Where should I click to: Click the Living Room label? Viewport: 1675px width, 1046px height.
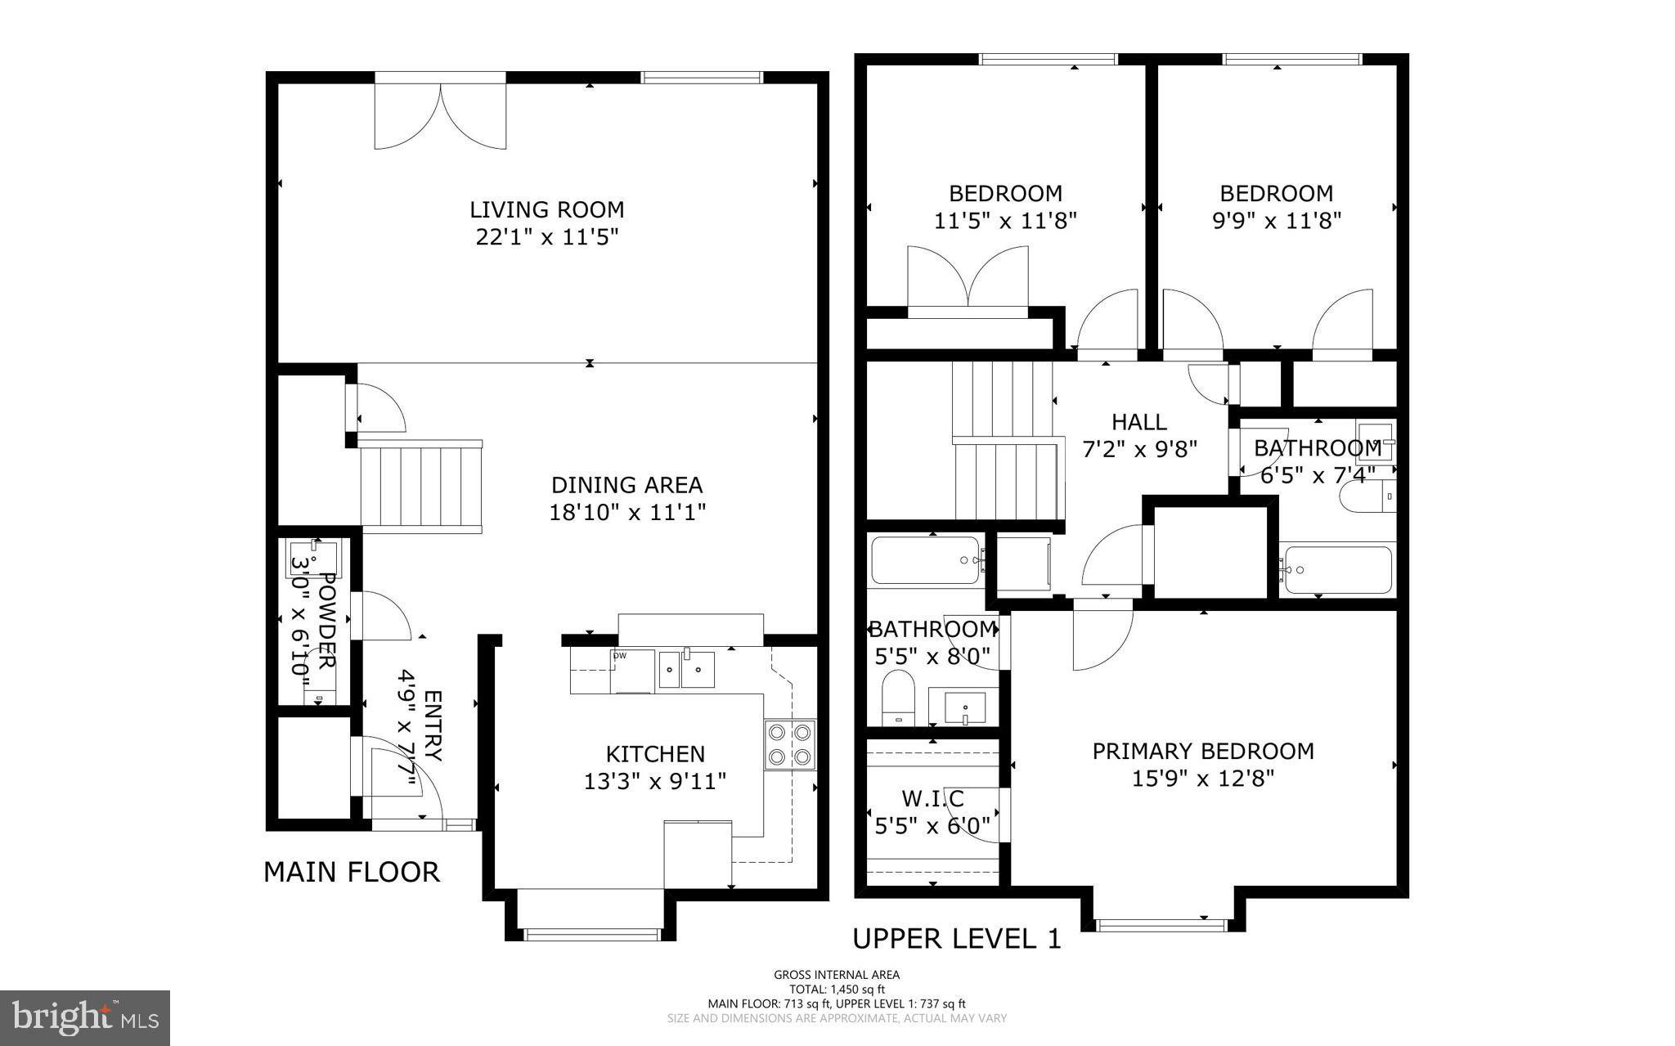coord(546,209)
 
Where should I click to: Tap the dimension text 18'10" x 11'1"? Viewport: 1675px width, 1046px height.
coord(626,513)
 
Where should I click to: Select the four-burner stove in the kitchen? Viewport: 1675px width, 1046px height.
coord(790,744)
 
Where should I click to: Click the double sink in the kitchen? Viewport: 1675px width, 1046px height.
coord(687,670)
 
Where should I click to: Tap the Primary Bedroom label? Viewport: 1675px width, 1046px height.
coord(1203,751)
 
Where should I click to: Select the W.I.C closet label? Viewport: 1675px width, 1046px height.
coord(932,798)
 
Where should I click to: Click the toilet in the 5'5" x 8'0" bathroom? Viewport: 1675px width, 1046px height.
coord(899,697)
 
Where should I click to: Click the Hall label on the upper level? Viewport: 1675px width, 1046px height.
coord(1138,422)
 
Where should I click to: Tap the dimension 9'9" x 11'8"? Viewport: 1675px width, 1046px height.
coord(1276,221)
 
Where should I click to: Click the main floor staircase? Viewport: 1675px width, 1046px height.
coord(421,486)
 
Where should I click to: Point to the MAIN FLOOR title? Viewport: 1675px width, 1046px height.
coord(352,872)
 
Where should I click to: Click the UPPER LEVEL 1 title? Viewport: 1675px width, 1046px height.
coord(957,939)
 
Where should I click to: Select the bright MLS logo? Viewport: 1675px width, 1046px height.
coord(85,1017)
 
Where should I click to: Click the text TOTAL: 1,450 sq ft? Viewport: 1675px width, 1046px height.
coord(837,989)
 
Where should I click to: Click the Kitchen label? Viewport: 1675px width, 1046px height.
coord(654,753)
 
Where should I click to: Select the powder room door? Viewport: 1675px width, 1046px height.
coord(383,615)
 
